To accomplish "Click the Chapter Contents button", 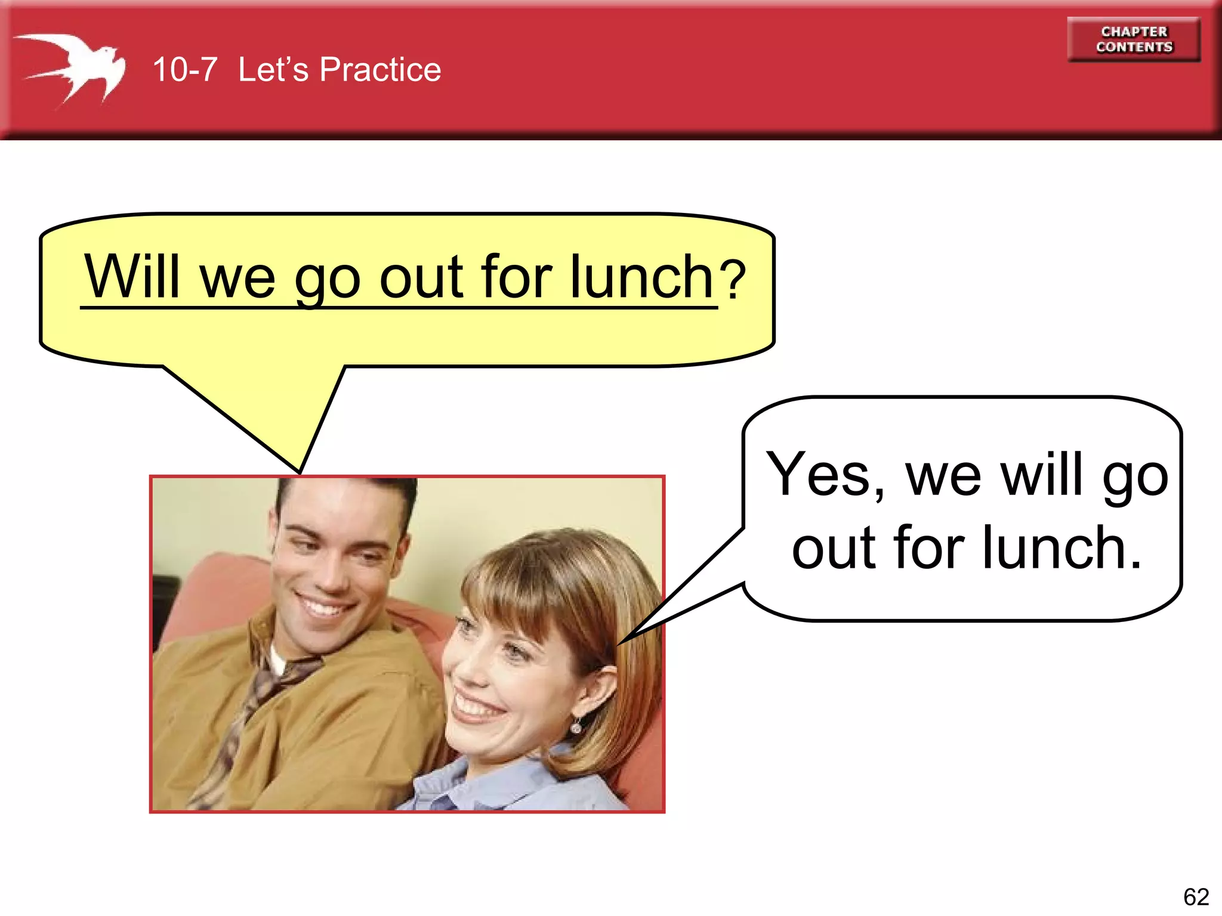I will pyautogui.click(x=1134, y=39).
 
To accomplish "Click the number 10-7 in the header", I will pyautogui.click(x=184, y=70).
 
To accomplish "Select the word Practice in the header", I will pyautogui.click(x=380, y=70).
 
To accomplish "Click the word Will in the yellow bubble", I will pyautogui.click(x=132, y=277).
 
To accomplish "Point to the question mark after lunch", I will pyautogui.click(x=732, y=279).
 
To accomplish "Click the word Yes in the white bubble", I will pyautogui.click(x=818, y=474).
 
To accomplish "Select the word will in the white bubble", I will pyautogui.click(x=1041, y=474).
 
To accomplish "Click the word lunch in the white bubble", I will pyautogui.click(x=1061, y=547).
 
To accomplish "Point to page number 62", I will pyautogui.click(x=1196, y=896).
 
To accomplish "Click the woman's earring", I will pyautogui.click(x=576, y=726).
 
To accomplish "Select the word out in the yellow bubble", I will pyautogui.click(x=421, y=277).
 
